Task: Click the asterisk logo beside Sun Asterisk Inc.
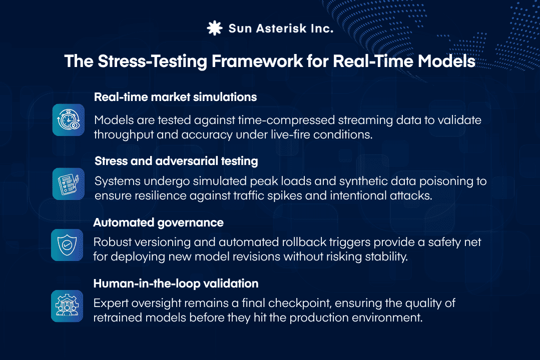click(x=215, y=28)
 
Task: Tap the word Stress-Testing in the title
click(x=135, y=62)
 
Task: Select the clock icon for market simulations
click(x=69, y=120)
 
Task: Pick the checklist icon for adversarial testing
click(x=69, y=184)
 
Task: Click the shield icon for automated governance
click(x=68, y=245)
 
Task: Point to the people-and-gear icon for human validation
click(x=68, y=305)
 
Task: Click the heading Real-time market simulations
click(x=175, y=97)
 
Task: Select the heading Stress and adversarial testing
click(x=176, y=161)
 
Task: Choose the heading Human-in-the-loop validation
click(x=176, y=283)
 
